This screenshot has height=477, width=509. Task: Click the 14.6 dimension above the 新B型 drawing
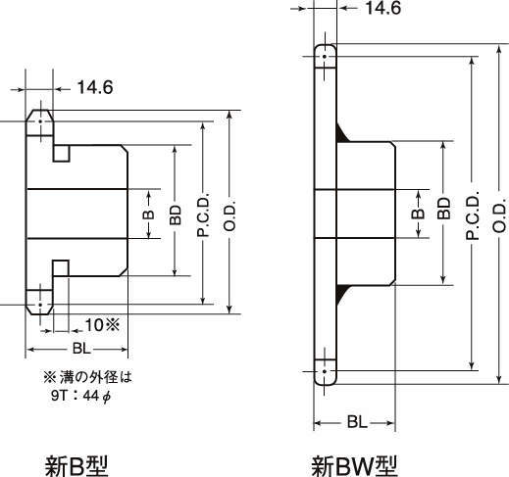coord(95,87)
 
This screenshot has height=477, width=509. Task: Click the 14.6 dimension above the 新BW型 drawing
coord(382,8)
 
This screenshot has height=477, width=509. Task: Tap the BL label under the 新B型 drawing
coord(81,349)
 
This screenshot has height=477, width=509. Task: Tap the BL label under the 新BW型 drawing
coord(357,422)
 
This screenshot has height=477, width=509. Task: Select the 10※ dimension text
coord(102,325)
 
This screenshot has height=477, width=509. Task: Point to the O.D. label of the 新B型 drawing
coord(230,215)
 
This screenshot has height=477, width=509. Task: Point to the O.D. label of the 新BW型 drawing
coord(499,215)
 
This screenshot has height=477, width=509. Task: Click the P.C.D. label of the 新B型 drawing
coord(203,215)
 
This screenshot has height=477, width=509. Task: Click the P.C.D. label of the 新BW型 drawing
coord(473,215)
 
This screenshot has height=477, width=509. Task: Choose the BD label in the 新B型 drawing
coord(176,215)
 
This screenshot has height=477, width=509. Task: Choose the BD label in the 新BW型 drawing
coord(444,209)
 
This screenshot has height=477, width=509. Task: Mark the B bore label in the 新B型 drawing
coord(149,215)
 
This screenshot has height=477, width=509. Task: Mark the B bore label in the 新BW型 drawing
coord(418,214)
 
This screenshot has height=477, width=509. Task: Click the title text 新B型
coord(76,465)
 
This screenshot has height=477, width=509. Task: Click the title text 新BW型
coord(354,466)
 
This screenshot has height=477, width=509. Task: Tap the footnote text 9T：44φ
coord(81,396)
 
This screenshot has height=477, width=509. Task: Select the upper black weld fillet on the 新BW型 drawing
coord(341,134)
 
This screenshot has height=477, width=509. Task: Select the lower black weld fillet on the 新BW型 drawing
coord(341,294)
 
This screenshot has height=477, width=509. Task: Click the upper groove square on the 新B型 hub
coord(62,154)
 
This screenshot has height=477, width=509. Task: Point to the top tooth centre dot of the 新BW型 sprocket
coord(325,57)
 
